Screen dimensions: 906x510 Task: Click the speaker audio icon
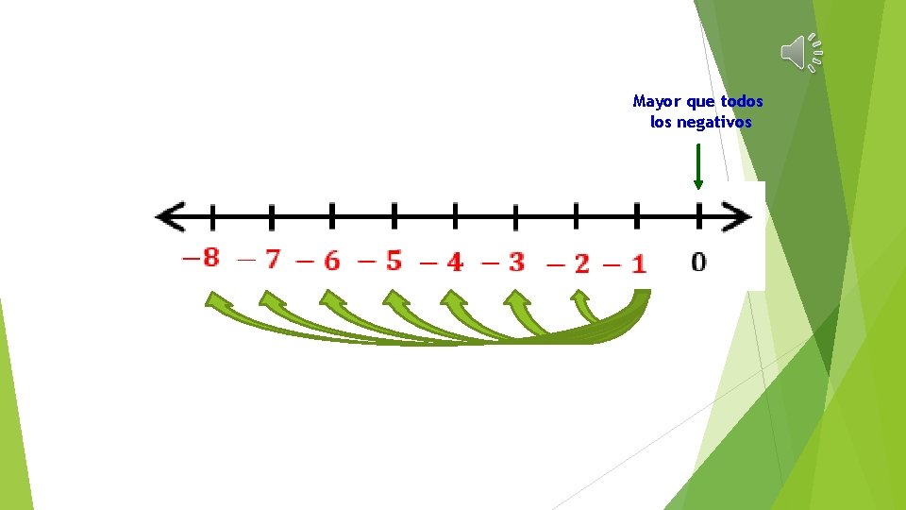click(801, 52)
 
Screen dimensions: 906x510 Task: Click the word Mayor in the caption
click(655, 101)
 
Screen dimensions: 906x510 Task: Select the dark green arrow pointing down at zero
click(697, 167)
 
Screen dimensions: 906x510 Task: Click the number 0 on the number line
click(697, 262)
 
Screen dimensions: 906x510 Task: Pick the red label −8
click(201, 257)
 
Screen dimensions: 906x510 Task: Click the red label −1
click(626, 263)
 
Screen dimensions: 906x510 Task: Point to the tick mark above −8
click(211, 217)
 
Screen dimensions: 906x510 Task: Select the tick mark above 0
click(698, 216)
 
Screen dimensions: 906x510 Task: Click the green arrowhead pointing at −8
click(219, 301)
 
